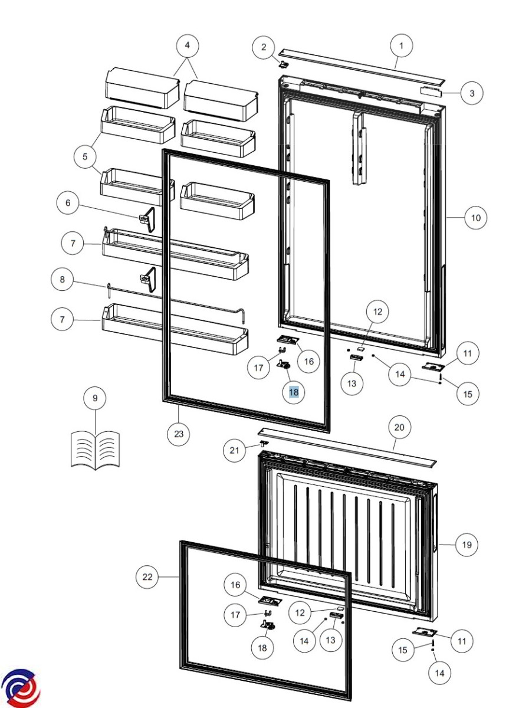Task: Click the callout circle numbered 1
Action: (x=401, y=46)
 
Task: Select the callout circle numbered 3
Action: (x=472, y=93)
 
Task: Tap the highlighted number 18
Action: (x=294, y=392)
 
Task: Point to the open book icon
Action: (x=95, y=450)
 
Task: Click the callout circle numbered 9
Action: (x=95, y=398)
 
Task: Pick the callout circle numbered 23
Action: (x=179, y=434)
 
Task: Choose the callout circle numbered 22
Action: (x=147, y=577)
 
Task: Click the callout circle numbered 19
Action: (x=467, y=545)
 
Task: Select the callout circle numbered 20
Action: (x=399, y=428)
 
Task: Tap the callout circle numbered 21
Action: (x=234, y=450)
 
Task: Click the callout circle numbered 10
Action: (x=476, y=218)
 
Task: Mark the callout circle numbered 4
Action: (x=188, y=45)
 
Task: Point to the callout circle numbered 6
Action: (x=68, y=203)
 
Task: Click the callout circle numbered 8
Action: (x=63, y=280)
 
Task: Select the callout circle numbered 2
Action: (x=264, y=47)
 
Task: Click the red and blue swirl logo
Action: (x=20, y=689)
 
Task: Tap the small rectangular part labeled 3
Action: (x=431, y=91)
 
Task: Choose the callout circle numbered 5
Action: (x=85, y=157)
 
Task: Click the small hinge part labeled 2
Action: (x=284, y=64)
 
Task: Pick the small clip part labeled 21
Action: (x=264, y=442)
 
